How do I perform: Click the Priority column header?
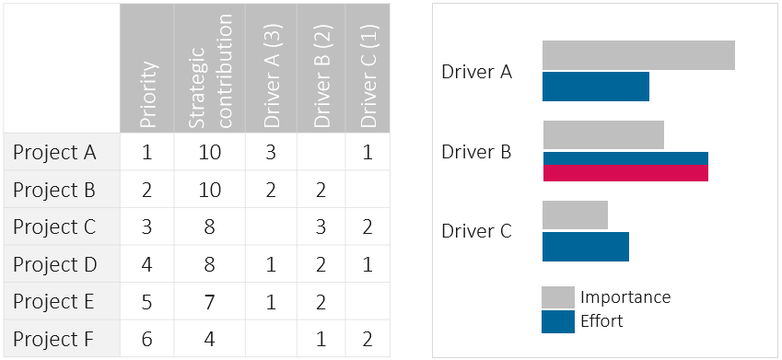(x=147, y=69)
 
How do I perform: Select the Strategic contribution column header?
(x=210, y=69)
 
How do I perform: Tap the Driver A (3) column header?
(x=272, y=69)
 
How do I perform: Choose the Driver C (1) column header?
(x=368, y=69)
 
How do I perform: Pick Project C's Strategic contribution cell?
(x=210, y=227)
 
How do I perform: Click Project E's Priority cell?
(x=147, y=302)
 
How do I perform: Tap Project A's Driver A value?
(x=271, y=152)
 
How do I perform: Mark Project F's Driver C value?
(x=368, y=339)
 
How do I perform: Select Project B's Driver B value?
(x=321, y=191)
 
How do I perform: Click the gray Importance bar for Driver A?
(x=638, y=55)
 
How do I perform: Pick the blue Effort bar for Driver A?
(x=596, y=87)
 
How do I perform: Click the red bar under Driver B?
(x=625, y=173)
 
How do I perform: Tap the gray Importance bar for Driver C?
(x=575, y=215)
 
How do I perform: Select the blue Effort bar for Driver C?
(x=586, y=247)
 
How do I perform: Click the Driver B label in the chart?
(x=476, y=151)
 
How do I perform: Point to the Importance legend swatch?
(x=558, y=297)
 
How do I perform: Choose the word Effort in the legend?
(x=601, y=321)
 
